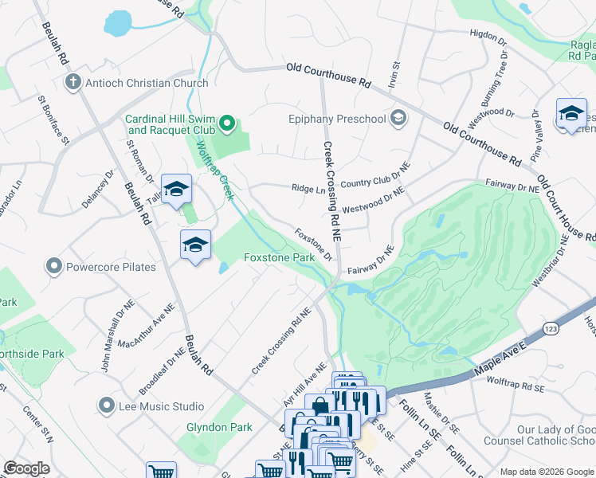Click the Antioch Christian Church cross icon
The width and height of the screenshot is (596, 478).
pyautogui.click(x=73, y=83)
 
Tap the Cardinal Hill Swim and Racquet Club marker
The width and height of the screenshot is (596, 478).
pyautogui.click(x=226, y=123)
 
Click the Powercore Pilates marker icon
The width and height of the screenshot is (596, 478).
pyautogui.click(x=54, y=266)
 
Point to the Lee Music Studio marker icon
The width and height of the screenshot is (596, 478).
pyautogui.click(x=107, y=406)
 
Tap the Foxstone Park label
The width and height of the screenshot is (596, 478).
pyautogui.click(x=279, y=259)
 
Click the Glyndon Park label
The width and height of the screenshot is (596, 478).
pyautogui.click(x=219, y=428)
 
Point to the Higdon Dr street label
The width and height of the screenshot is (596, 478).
pyautogui.click(x=488, y=37)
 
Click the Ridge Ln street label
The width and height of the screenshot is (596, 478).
pyautogui.click(x=308, y=189)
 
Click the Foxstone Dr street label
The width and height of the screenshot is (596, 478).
pyautogui.click(x=313, y=245)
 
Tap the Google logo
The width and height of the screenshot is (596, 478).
pyautogui.click(x=26, y=468)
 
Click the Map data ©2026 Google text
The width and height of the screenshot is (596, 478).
pyautogui.click(x=545, y=472)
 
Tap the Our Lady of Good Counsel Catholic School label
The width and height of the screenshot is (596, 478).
pyautogui.click(x=555, y=435)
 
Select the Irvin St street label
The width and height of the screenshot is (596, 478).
pyautogui.click(x=393, y=75)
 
